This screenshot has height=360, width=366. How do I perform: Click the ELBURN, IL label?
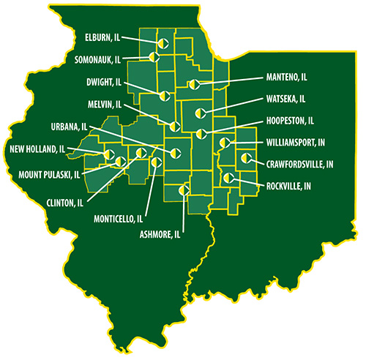(x=100, y=34)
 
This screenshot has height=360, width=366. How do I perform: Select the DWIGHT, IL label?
(x=100, y=82)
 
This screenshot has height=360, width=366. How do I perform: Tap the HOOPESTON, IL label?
(x=291, y=120)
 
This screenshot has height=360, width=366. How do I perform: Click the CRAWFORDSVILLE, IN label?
(x=301, y=164)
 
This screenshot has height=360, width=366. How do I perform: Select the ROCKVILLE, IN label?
(x=288, y=186)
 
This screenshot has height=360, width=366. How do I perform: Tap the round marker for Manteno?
(x=192, y=85)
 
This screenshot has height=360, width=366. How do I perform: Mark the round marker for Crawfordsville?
(x=245, y=157)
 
